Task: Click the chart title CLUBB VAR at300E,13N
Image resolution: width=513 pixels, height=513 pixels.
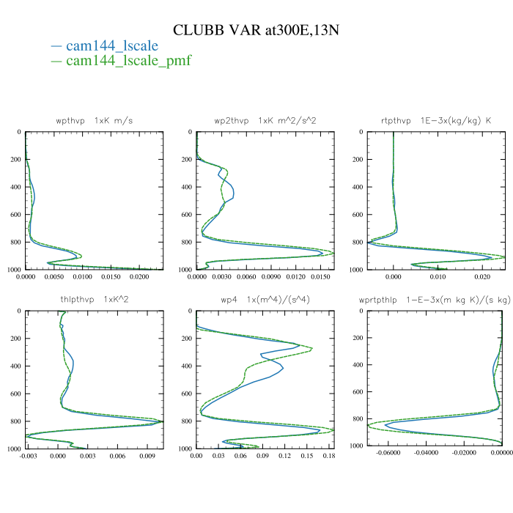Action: click(x=256, y=30)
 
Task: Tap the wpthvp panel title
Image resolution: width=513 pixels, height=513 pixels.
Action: click(x=95, y=119)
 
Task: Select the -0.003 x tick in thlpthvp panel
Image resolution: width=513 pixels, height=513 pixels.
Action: click(x=28, y=457)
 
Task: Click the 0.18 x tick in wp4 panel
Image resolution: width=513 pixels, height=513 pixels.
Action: click(x=329, y=457)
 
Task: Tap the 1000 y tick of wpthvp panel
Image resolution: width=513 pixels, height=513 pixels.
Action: click(x=15, y=270)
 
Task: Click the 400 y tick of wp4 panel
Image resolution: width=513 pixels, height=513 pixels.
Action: click(x=186, y=366)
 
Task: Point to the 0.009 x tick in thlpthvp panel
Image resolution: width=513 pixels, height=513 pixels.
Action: click(x=148, y=457)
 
